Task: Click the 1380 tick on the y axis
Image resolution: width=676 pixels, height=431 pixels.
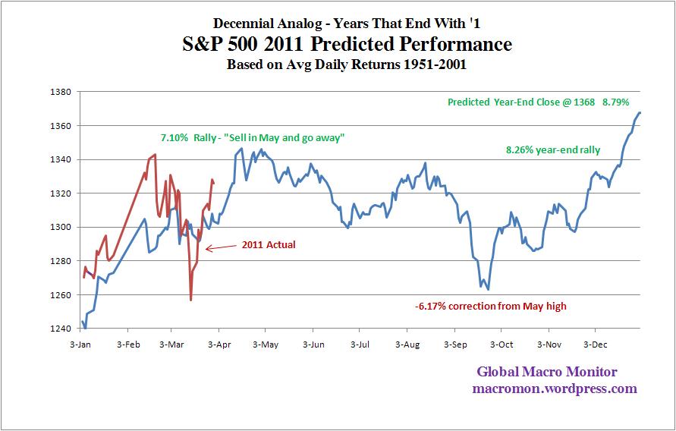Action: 60,92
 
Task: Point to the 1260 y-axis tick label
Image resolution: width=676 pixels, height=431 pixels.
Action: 60,294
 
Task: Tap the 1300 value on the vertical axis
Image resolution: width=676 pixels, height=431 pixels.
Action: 60,227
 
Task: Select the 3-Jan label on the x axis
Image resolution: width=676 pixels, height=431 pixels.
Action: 80,344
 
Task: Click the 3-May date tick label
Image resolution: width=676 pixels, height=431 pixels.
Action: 266,344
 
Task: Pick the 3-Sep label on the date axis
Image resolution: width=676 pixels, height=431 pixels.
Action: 454,344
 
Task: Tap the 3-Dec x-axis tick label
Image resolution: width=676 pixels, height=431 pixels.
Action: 595,344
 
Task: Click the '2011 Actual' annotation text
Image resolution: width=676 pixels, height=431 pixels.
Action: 269,245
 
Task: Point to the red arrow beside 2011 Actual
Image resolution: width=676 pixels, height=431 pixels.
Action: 221,247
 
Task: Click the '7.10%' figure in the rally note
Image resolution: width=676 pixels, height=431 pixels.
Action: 174,138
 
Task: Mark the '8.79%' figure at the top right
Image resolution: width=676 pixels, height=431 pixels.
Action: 617,102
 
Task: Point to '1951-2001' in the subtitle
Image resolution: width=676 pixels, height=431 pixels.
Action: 434,65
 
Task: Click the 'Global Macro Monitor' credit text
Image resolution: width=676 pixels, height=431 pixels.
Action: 547,372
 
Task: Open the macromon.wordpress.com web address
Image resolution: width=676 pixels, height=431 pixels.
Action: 554,389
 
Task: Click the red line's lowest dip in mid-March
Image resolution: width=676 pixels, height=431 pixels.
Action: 190,300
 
